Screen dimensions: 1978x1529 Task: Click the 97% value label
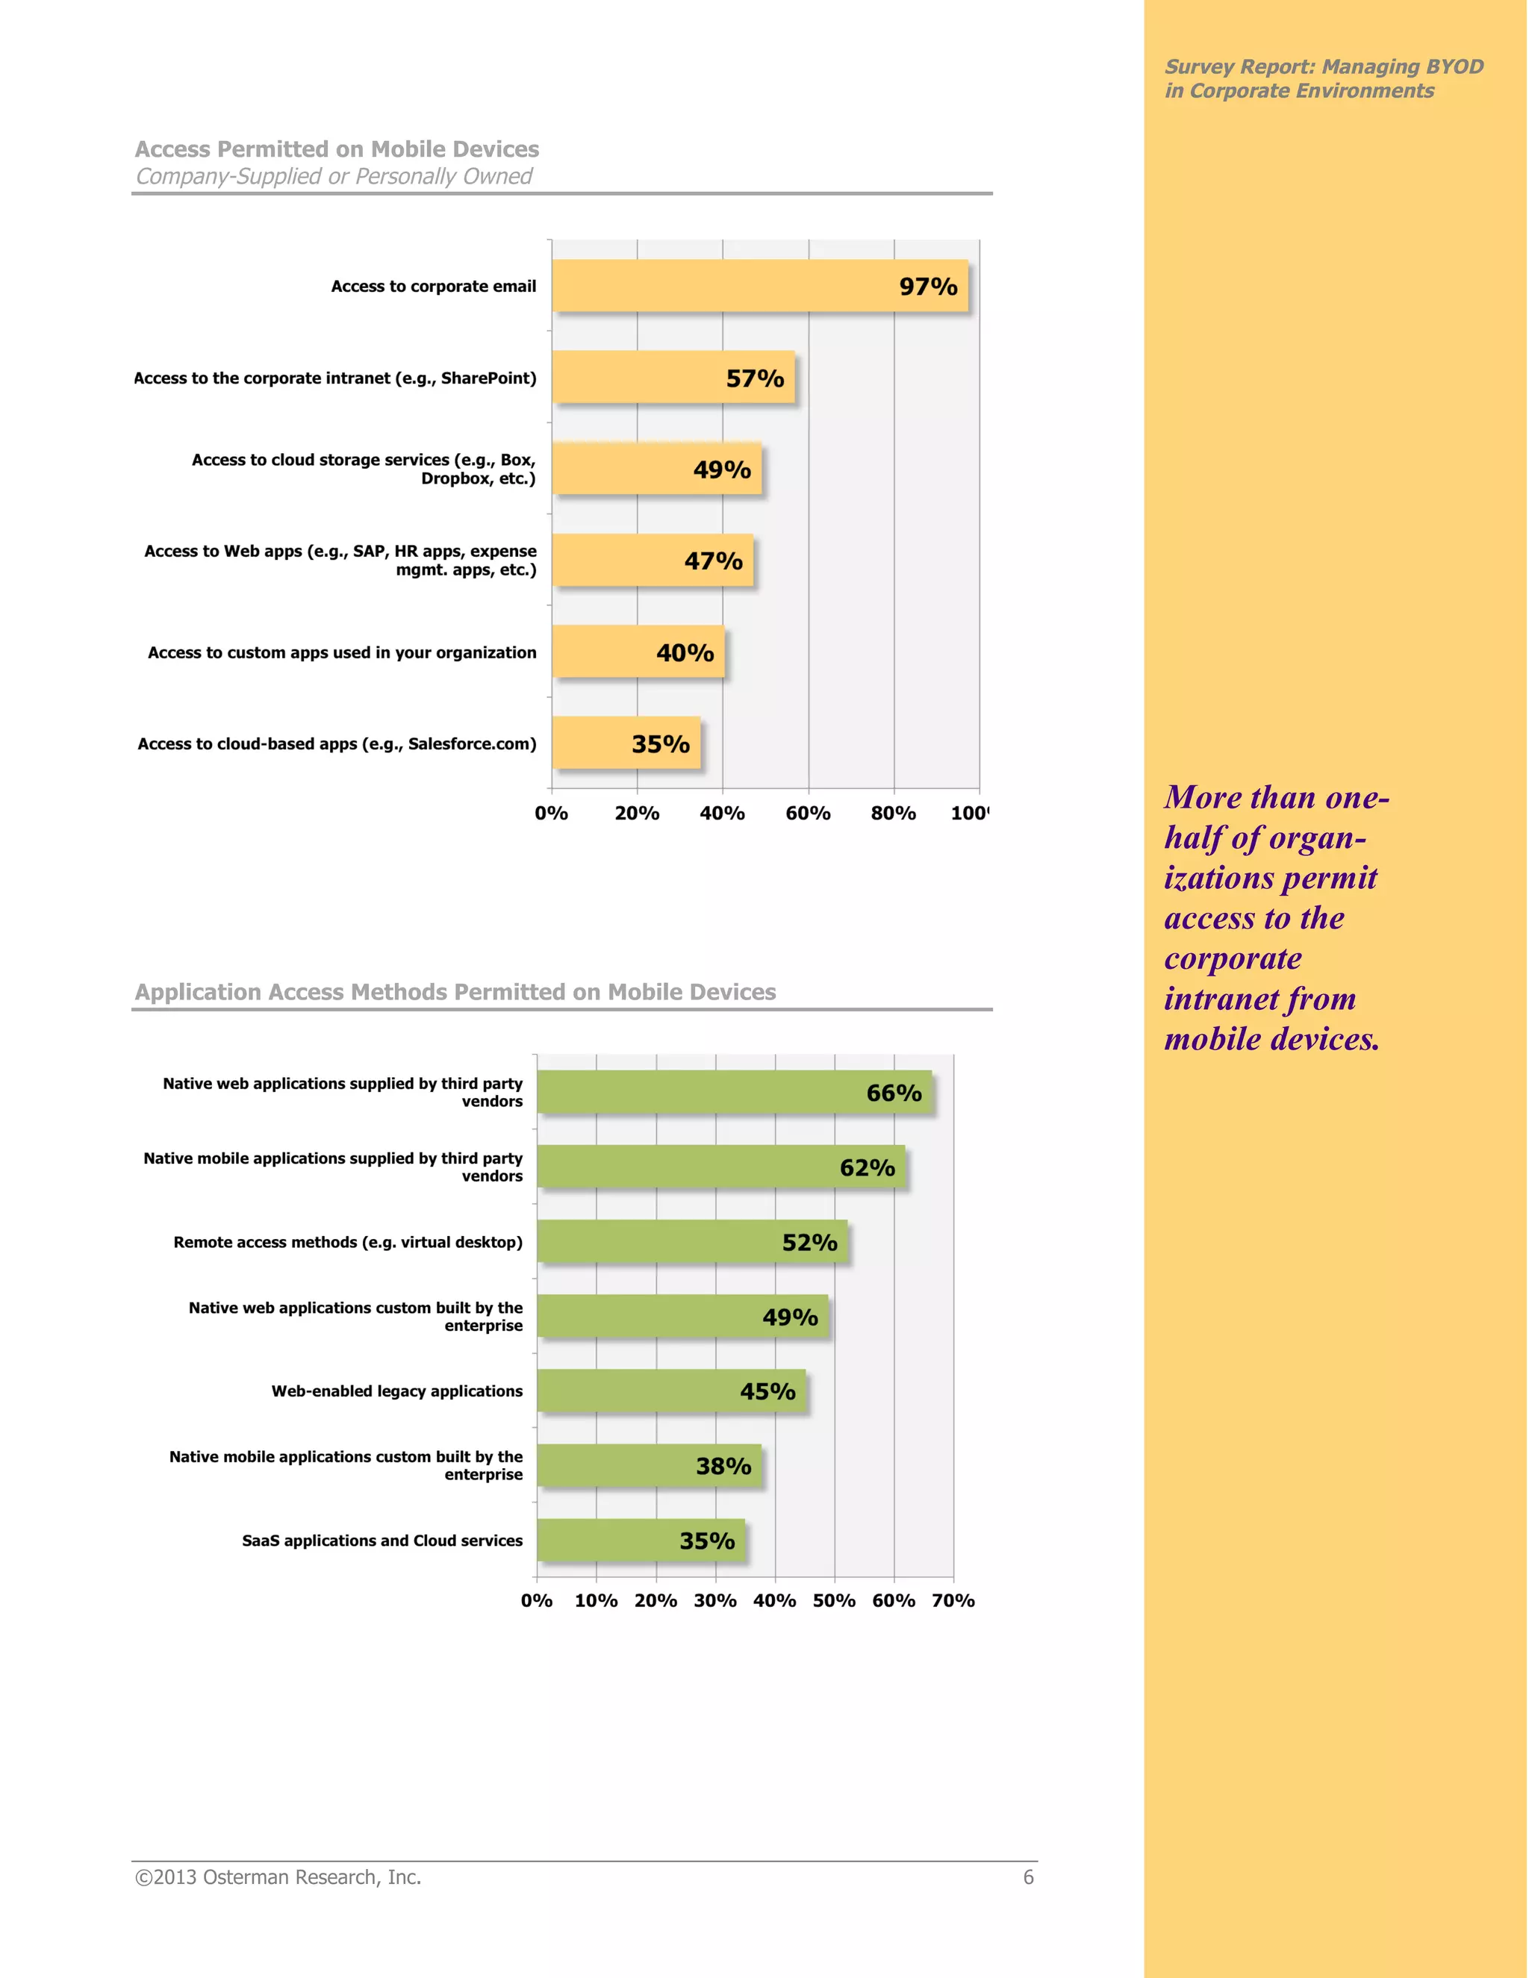[x=927, y=287]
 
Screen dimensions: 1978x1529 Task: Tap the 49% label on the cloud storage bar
[x=722, y=470]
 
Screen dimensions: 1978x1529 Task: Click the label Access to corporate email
[x=433, y=286]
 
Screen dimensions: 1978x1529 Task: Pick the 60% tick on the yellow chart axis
[x=808, y=814]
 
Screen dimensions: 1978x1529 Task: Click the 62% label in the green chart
[x=867, y=1167]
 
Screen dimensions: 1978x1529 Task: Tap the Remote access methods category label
[x=348, y=1243]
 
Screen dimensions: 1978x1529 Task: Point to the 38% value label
[x=723, y=1466]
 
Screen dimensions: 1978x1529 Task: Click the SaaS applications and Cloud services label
[x=382, y=1541]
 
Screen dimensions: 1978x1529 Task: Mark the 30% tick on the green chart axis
[x=714, y=1600]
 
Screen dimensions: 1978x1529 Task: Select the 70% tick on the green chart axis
[x=953, y=1600]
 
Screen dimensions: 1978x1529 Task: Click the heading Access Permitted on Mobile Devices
[x=337, y=149]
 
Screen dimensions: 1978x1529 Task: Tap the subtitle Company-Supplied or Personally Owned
[x=333, y=177]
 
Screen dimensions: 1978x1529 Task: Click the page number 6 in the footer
[x=1028, y=1877]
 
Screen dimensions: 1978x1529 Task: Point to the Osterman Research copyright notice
[x=278, y=1877]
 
